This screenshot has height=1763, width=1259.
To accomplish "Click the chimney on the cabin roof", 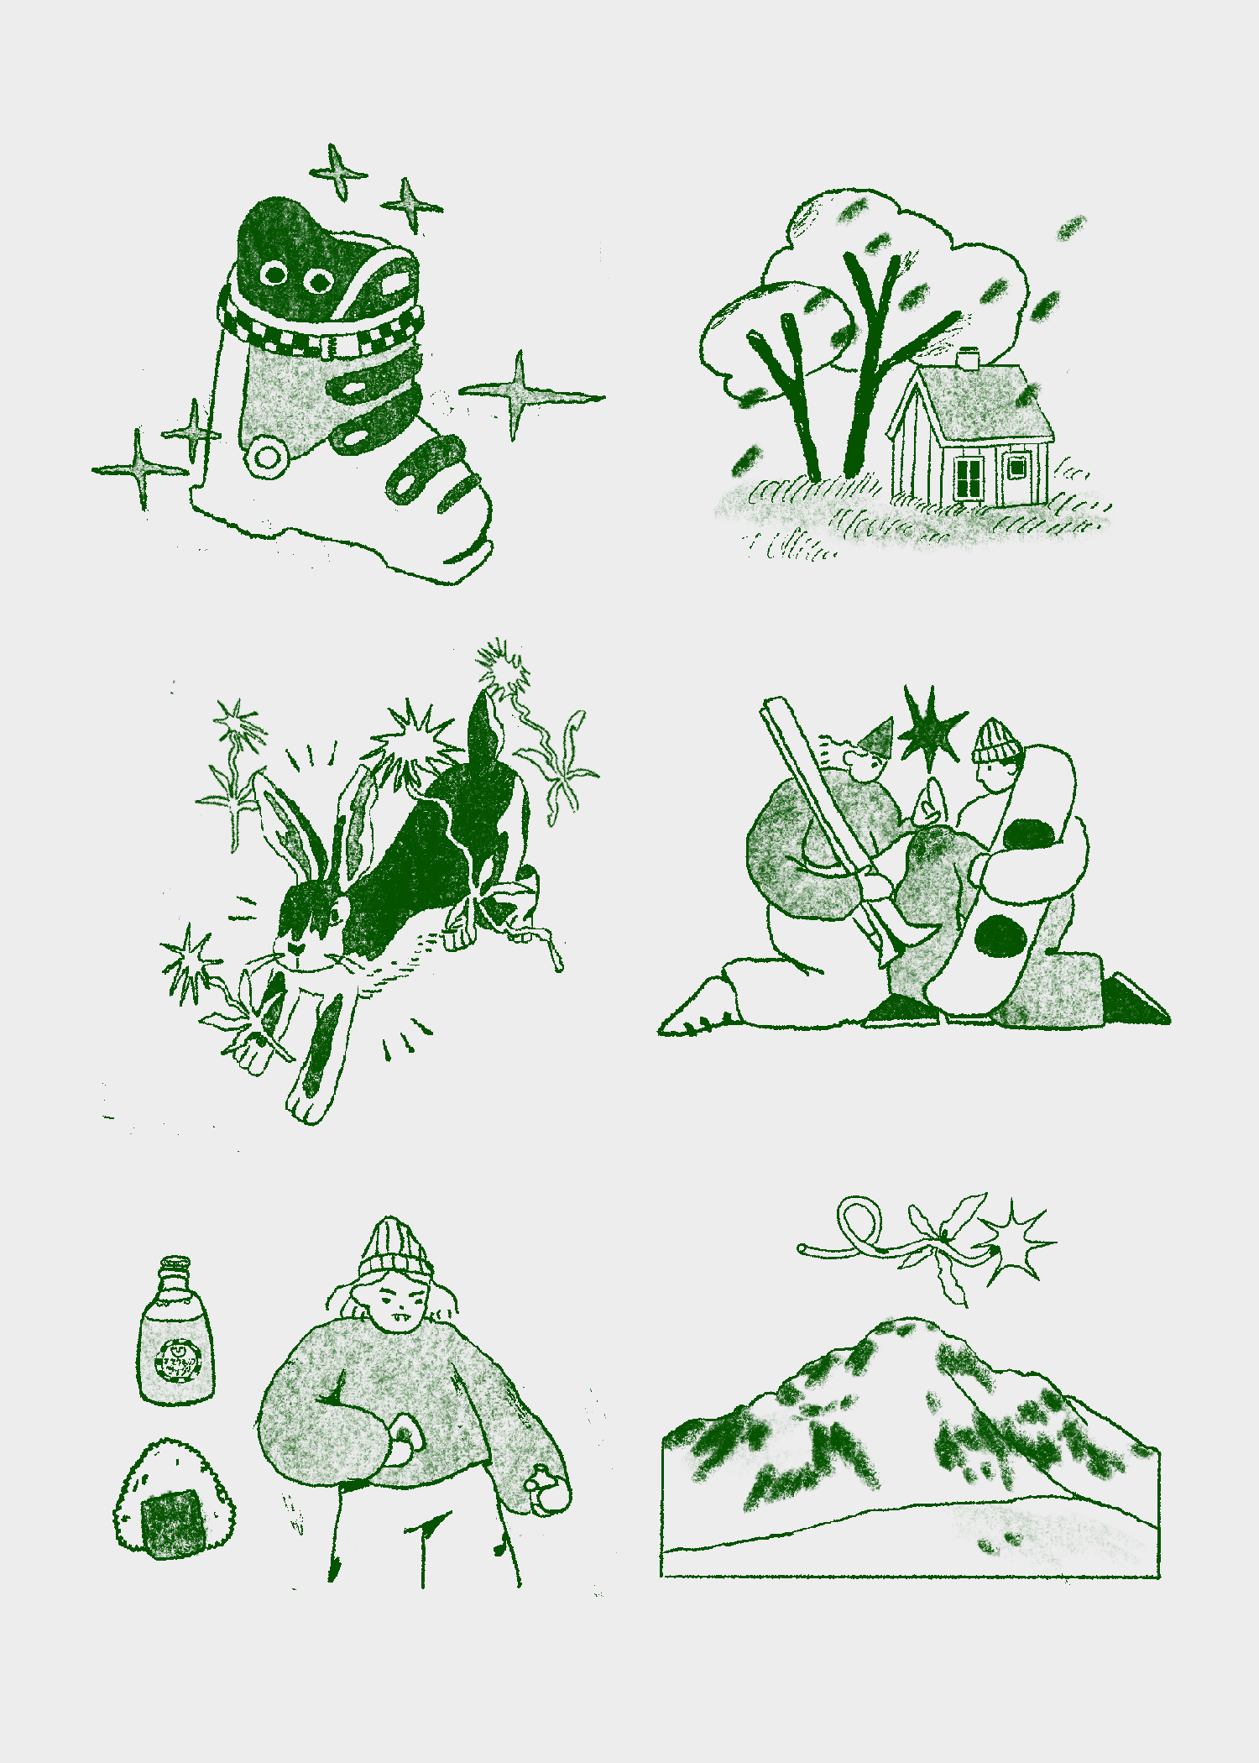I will (969, 358).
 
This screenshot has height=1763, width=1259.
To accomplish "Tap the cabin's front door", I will (1016, 477).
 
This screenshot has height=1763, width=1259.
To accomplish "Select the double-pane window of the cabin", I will (969, 479).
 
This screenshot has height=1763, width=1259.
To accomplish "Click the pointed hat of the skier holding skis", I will (878, 736).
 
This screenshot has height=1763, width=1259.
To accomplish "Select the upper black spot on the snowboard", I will (1029, 834).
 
